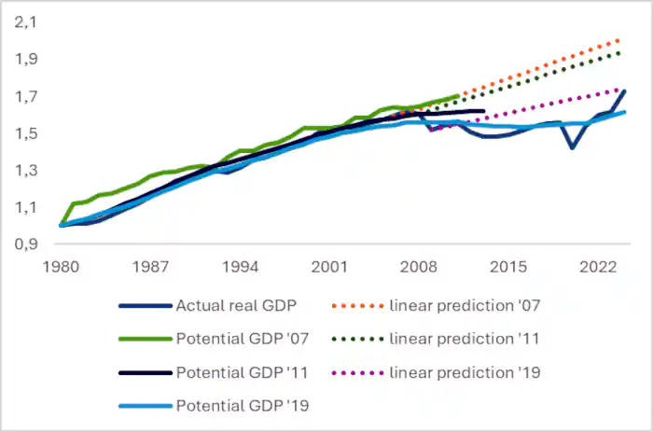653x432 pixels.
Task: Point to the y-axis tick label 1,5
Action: pos(25,133)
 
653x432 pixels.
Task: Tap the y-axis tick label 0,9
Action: pos(25,244)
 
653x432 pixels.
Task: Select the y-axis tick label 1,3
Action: pos(25,171)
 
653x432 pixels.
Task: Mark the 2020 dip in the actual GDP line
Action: pos(571,147)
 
